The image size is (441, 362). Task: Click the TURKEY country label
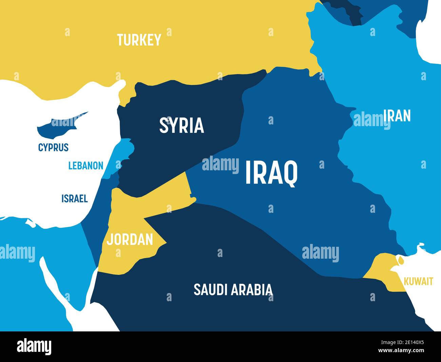click(139, 40)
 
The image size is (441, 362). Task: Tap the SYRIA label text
click(181, 125)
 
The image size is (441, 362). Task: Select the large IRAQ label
click(271, 173)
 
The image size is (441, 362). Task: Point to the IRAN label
click(397, 116)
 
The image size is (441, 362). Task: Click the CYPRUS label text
click(53, 148)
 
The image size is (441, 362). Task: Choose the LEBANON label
click(86, 166)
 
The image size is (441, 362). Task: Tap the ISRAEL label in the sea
click(75, 199)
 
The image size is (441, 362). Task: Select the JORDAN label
click(130, 240)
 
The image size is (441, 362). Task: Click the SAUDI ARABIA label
click(233, 290)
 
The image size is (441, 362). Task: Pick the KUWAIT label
click(418, 281)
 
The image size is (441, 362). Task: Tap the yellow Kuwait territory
click(382, 269)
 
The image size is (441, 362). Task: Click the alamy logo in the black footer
click(34, 347)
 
